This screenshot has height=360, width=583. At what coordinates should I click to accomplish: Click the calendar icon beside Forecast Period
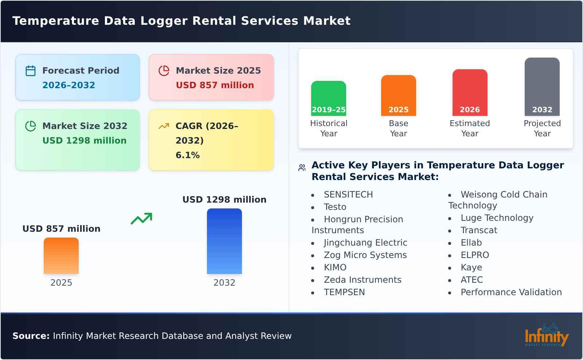[31, 71]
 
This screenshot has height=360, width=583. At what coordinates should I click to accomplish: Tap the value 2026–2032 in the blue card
[69, 85]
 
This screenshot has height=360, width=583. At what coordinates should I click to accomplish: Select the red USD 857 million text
[215, 85]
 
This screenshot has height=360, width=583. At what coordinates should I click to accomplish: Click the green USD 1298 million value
[84, 141]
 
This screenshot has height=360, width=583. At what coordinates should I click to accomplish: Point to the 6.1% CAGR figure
[187, 155]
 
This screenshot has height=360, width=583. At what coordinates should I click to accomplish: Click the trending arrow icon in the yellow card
[164, 126]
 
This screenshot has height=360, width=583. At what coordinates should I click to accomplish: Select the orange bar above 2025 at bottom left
[61, 256]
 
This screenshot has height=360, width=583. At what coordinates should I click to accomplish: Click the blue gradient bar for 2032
[224, 241]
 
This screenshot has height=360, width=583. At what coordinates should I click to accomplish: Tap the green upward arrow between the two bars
[141, 219]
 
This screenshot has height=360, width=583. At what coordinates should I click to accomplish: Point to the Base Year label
[398, 128]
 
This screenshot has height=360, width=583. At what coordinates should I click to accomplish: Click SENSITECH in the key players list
[348, 195]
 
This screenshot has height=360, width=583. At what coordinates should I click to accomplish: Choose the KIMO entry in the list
[335, 267]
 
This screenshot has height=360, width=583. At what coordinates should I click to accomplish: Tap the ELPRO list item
[474, 255]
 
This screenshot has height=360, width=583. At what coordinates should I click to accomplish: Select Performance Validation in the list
[511, 292]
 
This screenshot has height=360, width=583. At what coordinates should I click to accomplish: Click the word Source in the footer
[31, 336]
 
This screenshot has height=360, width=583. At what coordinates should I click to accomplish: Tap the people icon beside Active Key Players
[302, 168]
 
